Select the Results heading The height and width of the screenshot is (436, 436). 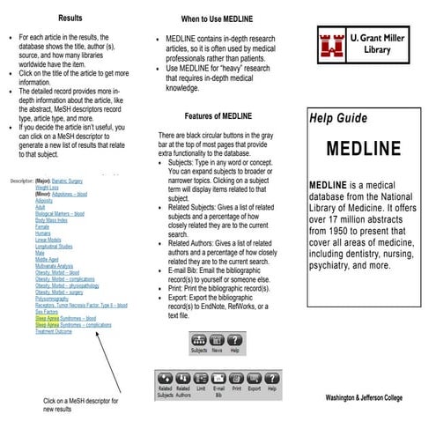click(x=71, y=18)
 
